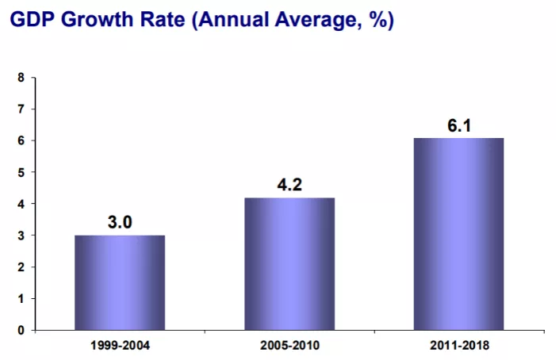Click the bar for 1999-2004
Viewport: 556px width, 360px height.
pyautogui.click(x=120, y=282)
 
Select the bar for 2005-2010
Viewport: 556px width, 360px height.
pyautogui.click(x=289, y=263)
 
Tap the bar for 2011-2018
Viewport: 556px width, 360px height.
pyautogui.click(x=458, y=234)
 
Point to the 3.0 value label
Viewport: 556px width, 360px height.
pyautogui.click(x=120, y=221)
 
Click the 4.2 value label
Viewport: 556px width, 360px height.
pyautogui.click(x=290, y=184)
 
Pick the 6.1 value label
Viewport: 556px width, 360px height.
pyautogui.click(x=458, y=124)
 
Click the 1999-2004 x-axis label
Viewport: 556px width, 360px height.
pyautogui.click(x=120, y=346)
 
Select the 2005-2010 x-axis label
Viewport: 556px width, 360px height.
pyautogui.click(x=290, y=346)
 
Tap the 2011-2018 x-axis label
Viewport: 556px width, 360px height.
pyautogui.click(x=458, y=346)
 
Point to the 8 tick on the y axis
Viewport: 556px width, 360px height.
pyautogui.click(x=21, y=77)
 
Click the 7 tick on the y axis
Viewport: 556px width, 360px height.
pyautogui.click(x=21, y=109)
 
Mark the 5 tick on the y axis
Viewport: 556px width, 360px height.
pyautogui.click(x=21, y=172)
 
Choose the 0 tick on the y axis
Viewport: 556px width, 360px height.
pyautogui.click(x=21, y=330)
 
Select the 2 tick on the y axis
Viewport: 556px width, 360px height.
pyautogui.click(x=21, y=266)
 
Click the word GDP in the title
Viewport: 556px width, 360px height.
pyautogui.click(x=33, y=19)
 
